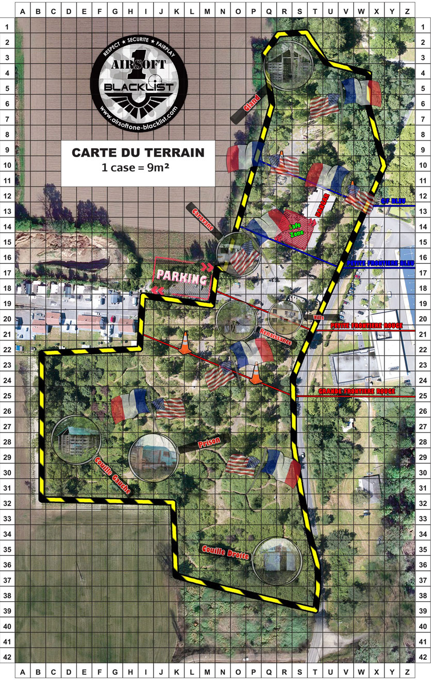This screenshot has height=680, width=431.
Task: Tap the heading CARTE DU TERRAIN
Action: (x=138, y=153)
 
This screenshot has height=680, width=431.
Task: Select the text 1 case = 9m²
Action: (x=138, y=168)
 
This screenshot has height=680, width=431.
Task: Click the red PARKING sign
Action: (x=182, y=278)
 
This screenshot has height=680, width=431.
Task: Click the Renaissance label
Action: (x=276, y=336)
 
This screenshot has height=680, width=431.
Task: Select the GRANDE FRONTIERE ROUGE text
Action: (x=356, y=392)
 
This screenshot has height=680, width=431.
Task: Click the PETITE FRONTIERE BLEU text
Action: (x=373, y=263)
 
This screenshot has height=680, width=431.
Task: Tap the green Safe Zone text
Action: (x=296, y=230)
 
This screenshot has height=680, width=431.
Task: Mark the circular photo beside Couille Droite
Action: (x=277, y=562)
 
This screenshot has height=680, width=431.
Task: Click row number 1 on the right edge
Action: (x=423, y=26)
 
